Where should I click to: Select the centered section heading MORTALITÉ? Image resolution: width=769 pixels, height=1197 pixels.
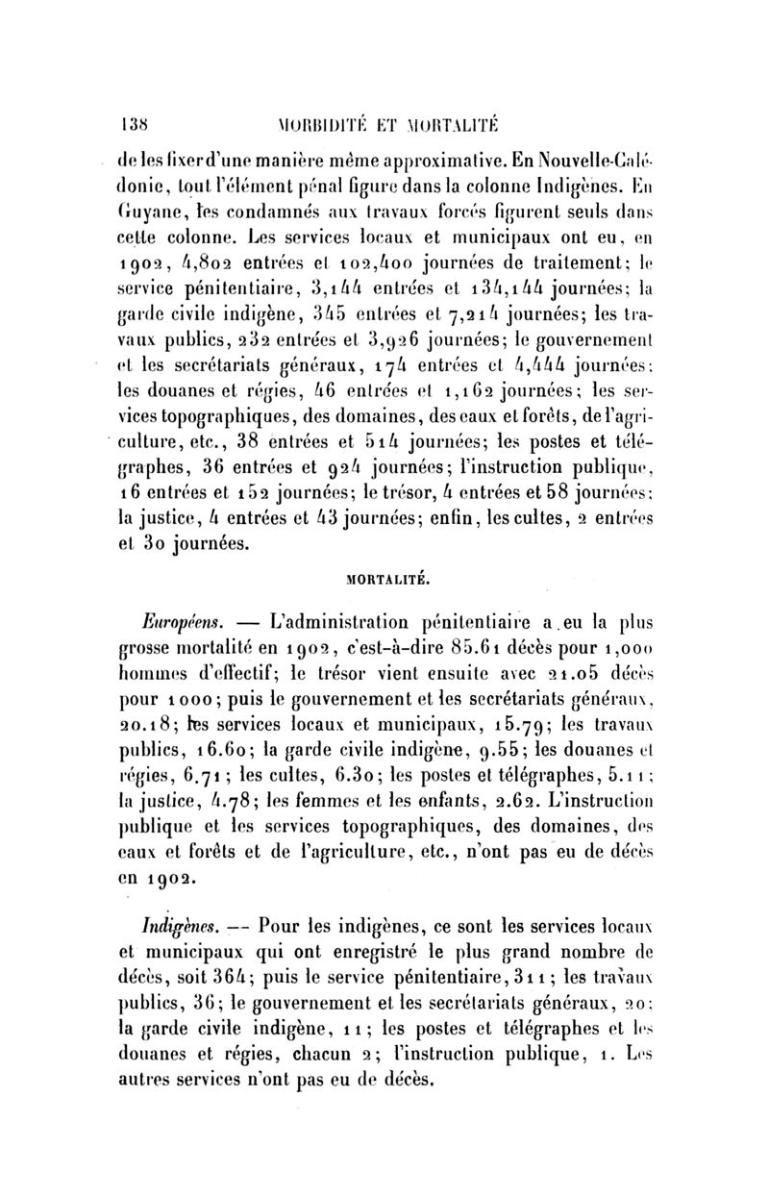[x=387, y=581]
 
